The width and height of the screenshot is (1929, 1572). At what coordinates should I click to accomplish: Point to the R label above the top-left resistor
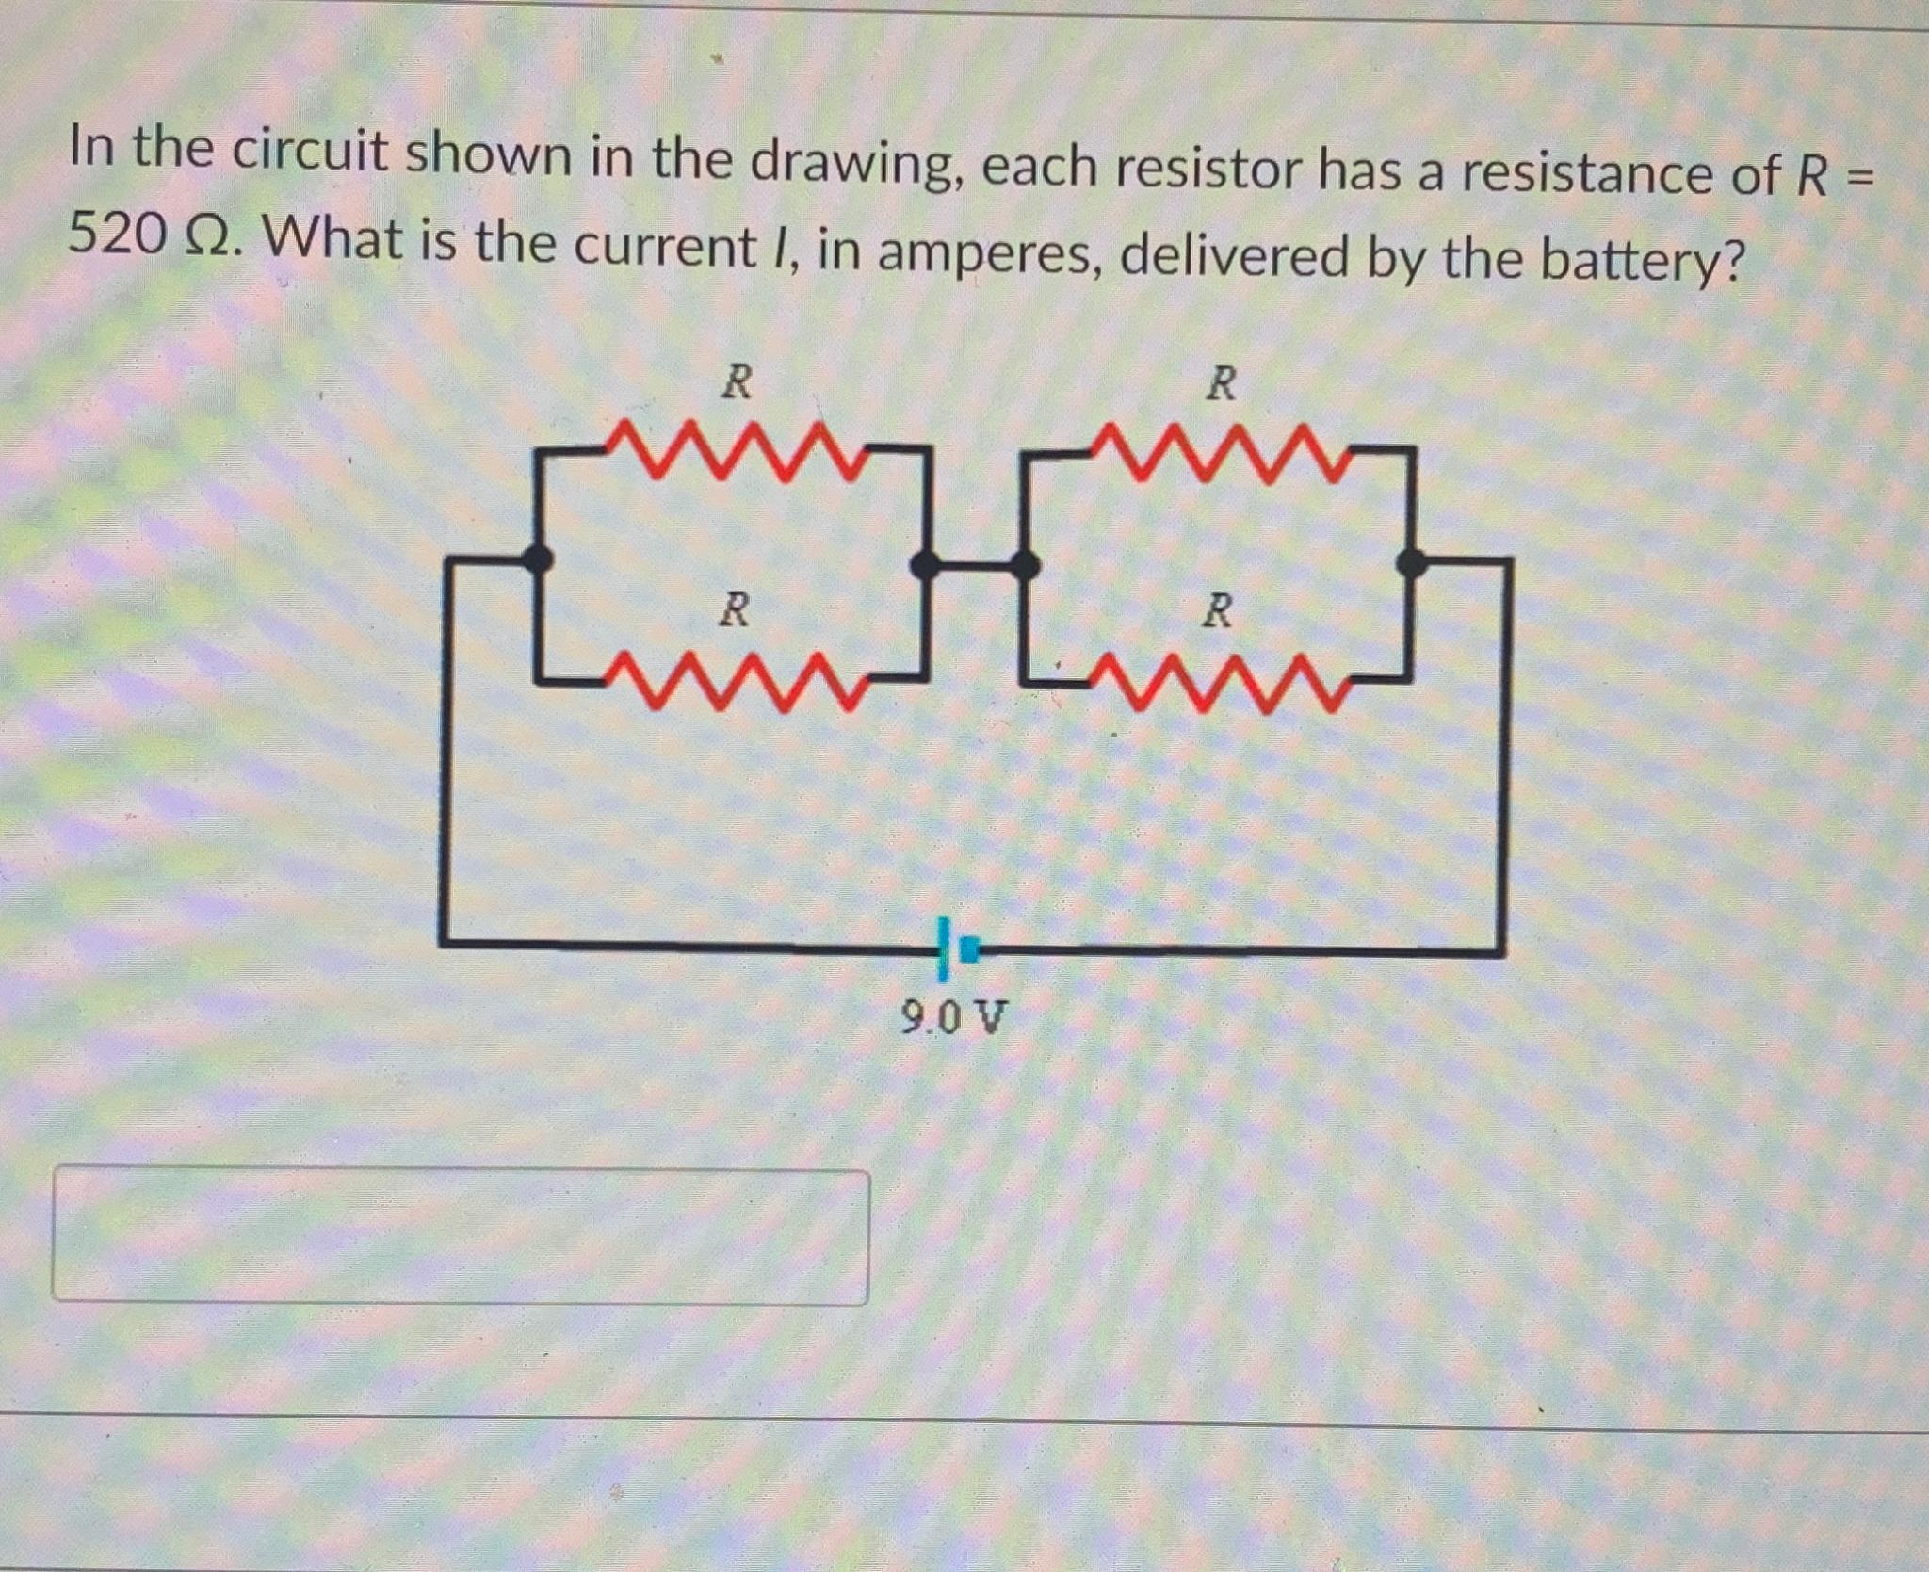point(737,382)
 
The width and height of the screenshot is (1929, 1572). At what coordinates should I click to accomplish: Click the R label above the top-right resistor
point(1222,383)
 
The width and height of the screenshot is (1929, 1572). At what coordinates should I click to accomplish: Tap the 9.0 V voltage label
point(953,1017)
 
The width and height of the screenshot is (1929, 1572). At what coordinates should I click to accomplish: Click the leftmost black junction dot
point(537,559)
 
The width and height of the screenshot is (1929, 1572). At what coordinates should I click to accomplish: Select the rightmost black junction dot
point(1410,563)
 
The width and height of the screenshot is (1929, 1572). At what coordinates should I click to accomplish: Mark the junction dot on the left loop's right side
point(926,564)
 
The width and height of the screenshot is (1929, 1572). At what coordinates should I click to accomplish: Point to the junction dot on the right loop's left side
point(1025,565)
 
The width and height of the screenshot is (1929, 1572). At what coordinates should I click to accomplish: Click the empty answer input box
point(460,1236)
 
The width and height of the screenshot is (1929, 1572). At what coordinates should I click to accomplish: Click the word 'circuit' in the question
point(310,153)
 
